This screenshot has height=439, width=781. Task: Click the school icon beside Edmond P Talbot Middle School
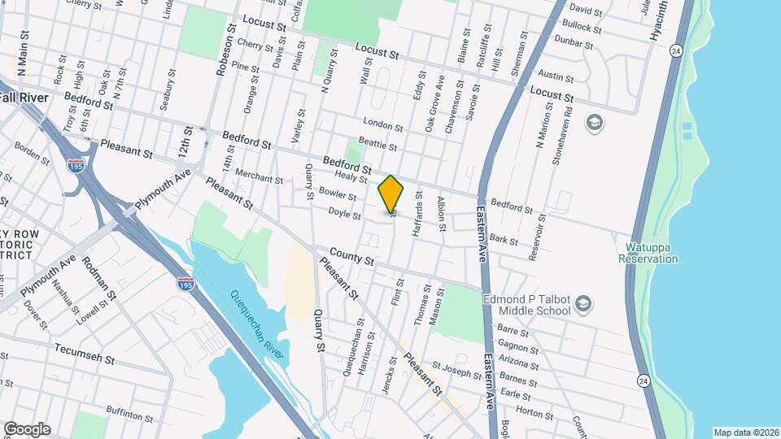(583, 305)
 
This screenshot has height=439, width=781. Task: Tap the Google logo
(27, 429)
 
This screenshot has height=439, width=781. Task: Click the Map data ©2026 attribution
(745, 432)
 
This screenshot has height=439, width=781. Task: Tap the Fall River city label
(24, 97)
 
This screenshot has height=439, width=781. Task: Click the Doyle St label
(344, 214)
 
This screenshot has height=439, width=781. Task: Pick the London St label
(383, 124)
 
